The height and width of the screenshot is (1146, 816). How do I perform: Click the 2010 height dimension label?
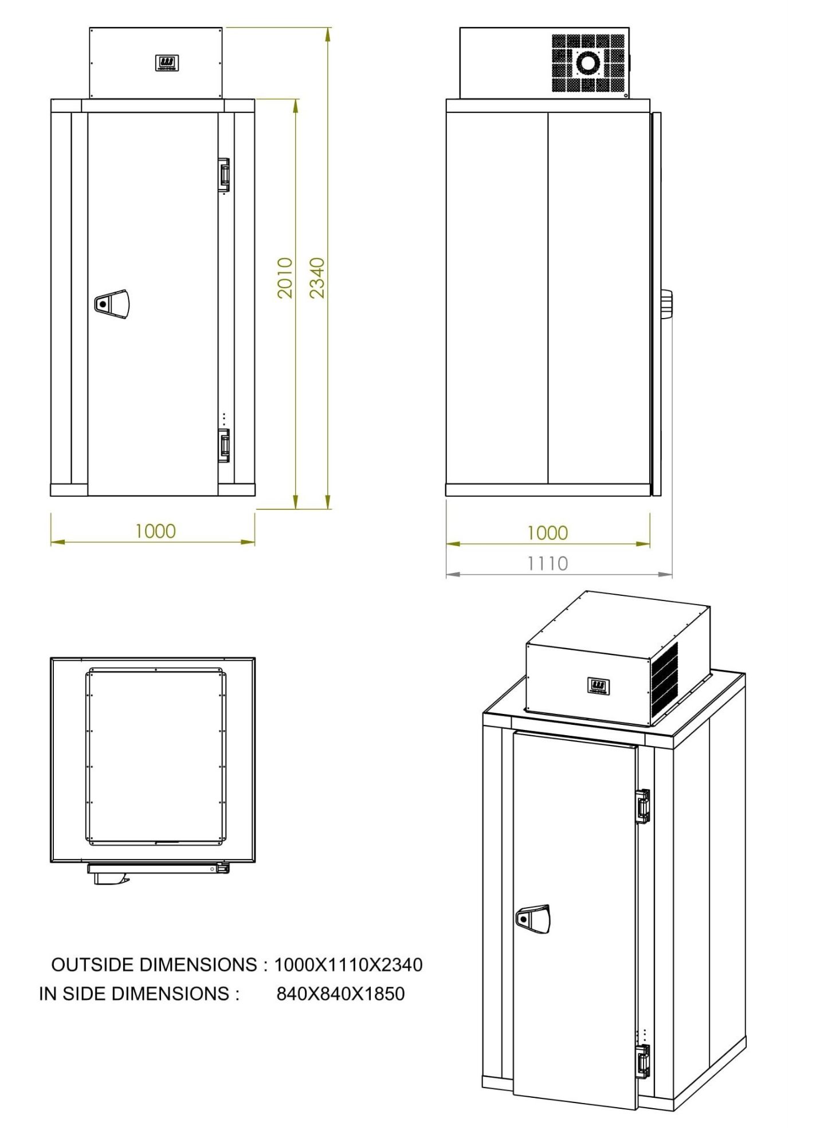pyautogui.click(x=285, y=278)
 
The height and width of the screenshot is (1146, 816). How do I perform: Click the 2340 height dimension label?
pyautogui.click(x=317, y=278)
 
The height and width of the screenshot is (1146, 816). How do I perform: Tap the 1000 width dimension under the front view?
pyautogui.click(x=155, y=531)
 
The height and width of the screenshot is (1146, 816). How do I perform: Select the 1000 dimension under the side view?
pyautogui.click(x=547, y=533)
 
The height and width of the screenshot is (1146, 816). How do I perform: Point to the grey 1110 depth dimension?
pyautogui.click(x=547, y=564)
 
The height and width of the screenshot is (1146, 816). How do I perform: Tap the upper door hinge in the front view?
pyautogui.click(x=224, y=174)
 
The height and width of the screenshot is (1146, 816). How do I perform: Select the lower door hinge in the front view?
pyautogui.click(x=224, y=445)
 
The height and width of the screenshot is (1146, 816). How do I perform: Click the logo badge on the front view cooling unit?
pyautogui.click(x=166, y=63)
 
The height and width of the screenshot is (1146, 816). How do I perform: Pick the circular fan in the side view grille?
pyautogui.click(x=588, y=62)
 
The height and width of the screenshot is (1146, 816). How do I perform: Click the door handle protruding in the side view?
pyautogui.click(x=666, y=304)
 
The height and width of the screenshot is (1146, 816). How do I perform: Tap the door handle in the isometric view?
pyautogui.click(x=533, y=919)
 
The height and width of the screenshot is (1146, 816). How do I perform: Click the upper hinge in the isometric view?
pyautogui.click(x=643, y=806)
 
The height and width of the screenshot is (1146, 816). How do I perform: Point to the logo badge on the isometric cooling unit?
pyautogui.click(x=598, y=685)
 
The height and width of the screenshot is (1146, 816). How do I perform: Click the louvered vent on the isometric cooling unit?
pyautogui.click(x=665, y=679)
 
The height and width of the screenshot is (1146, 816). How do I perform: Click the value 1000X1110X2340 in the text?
pyautogui.click(x=348, y=965)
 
